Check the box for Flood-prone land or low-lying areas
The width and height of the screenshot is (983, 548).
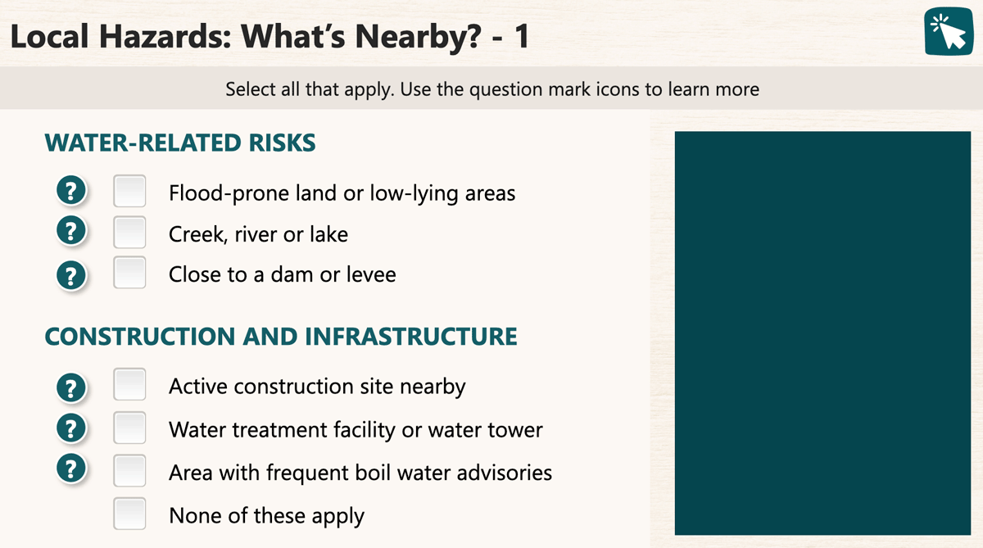[129, 191]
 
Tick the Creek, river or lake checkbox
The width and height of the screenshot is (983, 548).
[129, 232]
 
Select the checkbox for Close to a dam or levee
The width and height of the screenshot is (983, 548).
[129, 273]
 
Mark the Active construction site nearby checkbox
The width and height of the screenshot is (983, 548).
[129, 384]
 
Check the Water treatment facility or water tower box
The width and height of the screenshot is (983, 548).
[129, 428]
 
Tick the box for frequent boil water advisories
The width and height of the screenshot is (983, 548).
[129, 470]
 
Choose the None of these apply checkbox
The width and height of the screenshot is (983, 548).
[129, 514]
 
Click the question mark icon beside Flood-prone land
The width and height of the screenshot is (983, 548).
[70, 190]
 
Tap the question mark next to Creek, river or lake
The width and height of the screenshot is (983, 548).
[70, 230]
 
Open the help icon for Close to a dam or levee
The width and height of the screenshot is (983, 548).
[70, 275]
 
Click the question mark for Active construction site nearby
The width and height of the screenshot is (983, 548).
[70, 387]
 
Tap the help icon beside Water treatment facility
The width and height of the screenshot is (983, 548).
[70, 428]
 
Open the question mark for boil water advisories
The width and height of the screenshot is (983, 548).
[70, 469]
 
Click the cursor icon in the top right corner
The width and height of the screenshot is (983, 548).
[949, 31]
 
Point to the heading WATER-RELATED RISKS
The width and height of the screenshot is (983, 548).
[180, 143]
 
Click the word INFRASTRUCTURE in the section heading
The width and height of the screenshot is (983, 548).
[410, 337]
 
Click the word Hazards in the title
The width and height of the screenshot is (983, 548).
[165, 36]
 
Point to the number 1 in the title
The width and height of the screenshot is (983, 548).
[522, 36]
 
